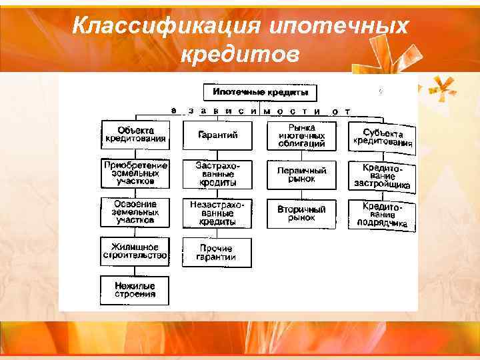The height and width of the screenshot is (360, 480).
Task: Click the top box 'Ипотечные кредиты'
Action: coord(260,92)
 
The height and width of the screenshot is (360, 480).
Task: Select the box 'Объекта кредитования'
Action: coord(135,135)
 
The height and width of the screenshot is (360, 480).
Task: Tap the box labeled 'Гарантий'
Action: coord(217,135)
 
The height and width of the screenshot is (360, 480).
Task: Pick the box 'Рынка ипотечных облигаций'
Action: coord(301,135)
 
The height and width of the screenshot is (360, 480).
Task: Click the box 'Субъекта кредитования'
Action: coord(383,137)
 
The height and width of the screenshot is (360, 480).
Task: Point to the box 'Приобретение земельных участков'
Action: coord(135,173)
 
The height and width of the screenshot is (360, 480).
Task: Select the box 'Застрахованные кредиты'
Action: coord(217,173)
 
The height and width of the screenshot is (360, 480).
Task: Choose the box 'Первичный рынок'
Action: coord(301,174)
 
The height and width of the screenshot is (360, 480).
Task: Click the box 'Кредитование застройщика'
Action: coord(383,176)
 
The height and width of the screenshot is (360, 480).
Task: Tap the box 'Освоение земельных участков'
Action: coord(135,211)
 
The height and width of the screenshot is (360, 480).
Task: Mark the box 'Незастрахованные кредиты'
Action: coord(217,212)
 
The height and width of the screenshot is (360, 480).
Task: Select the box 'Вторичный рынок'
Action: coord(301,213)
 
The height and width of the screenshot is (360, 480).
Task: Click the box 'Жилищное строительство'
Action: coord(135,251)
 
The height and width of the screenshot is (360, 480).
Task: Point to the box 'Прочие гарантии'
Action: coord(217,252)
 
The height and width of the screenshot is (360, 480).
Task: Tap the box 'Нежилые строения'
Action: coord(135,290)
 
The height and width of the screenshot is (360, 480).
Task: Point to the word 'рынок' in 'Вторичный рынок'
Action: coord(301,218)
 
